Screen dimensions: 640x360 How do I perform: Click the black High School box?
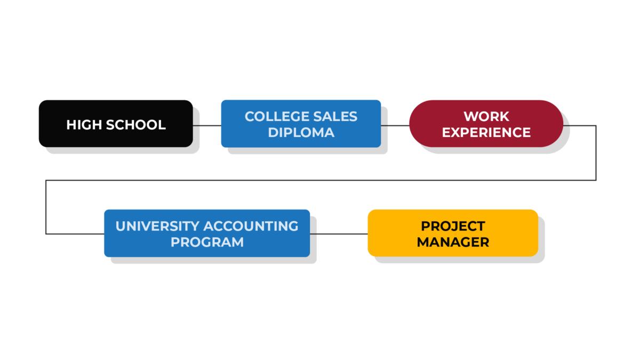pyautogui.click(x=116, y=123)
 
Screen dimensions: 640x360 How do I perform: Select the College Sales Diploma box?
pyautogui.click(x=301, y=123)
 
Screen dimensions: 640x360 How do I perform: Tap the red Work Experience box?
pyautogui.click(x=486, y=123)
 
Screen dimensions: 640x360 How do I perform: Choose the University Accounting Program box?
pyautogui.click(x=207, y=233)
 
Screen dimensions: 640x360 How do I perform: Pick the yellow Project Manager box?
pyautogui.click(x=453, y=233)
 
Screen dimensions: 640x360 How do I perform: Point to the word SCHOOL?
pyautogui.click(x=135, y=125)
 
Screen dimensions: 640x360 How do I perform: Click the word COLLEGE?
pyautogui.click(x=277, y=117)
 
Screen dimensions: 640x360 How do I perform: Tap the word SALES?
pyautogui.click(x=335, y=117)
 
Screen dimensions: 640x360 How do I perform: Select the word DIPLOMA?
pyautogui.click(x=301, y=133)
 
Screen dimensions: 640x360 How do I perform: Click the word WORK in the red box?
pyautogui.click(x=486, y=117)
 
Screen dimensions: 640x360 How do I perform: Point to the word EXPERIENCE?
pyautogui.click(x=486, y=133)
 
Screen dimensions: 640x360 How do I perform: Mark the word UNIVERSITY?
pyautogui.click(x=157, y=226)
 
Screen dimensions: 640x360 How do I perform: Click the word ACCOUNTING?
pyautogui.click(x=251, y=226)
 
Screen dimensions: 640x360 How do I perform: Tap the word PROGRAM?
pyautogui.click(x=207, y=242)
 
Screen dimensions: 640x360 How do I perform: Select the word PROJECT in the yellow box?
pyautogui.click(x=453, y=226)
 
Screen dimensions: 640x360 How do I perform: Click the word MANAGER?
pyautogui.click(x=453, y=242)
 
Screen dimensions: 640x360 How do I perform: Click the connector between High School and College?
pyautogui.click(x=207, y=125)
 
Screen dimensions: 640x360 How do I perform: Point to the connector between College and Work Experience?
pyautogui.click(x=395, y=125)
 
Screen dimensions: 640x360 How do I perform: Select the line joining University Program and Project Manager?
pyautogui.click(x=339, y=234)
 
